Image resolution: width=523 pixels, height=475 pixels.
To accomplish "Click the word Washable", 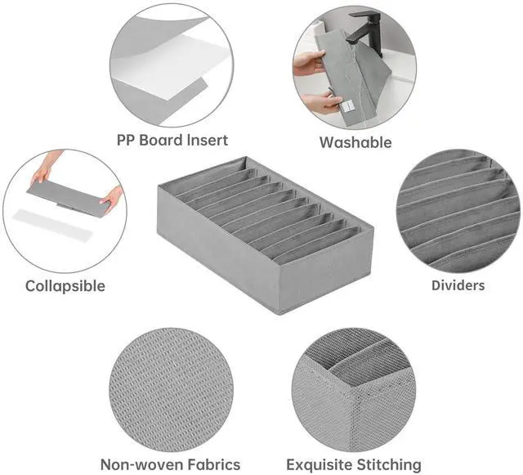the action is [355, 142].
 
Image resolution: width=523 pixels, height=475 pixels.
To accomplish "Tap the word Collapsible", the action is [65, 286].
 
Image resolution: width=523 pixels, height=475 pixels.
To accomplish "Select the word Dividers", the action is [458, 285].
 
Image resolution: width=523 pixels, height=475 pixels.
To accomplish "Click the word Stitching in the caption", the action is [389, 465].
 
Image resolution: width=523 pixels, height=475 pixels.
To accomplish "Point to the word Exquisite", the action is [320, 465].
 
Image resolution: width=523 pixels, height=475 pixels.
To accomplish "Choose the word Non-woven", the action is [142, 464].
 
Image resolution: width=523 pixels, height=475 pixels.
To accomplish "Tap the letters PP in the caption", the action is [126, 140].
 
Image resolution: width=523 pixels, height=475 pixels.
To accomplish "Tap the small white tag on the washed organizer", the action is [346, 106].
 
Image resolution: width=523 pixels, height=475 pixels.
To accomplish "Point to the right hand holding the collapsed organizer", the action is [114, 199].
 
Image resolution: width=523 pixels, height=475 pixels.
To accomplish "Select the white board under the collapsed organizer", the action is [51, 224].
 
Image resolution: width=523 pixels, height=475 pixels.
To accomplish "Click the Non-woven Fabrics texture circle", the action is [171, 389].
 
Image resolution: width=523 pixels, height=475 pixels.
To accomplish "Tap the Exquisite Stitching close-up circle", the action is [354, 389].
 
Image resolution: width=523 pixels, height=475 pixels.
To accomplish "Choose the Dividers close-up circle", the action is [458, 211].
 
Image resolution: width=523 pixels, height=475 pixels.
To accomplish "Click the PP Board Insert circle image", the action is [172, 65].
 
